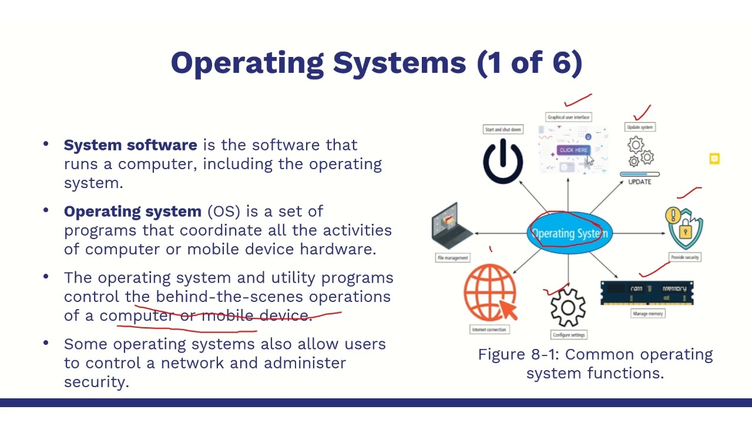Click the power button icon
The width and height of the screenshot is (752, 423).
503,160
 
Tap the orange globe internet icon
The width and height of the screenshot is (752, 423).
490,293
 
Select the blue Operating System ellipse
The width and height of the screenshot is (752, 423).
569,234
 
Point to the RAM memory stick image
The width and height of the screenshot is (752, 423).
647,292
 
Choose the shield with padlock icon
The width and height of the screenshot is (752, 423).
684,229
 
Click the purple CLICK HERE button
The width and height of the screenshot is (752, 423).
573,150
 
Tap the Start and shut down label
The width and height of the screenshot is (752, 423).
503,129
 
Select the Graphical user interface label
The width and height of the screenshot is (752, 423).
569,117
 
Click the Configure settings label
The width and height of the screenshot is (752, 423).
569,335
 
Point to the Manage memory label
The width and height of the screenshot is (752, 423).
648,314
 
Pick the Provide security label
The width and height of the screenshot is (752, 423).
685,257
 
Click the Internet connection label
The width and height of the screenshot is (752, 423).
489,330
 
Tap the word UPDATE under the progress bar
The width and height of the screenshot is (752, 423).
640,182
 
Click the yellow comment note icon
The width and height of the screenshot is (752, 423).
714,159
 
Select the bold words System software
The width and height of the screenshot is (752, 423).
130,145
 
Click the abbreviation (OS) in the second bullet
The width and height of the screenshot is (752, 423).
224,211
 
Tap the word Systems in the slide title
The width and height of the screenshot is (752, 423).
399,63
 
